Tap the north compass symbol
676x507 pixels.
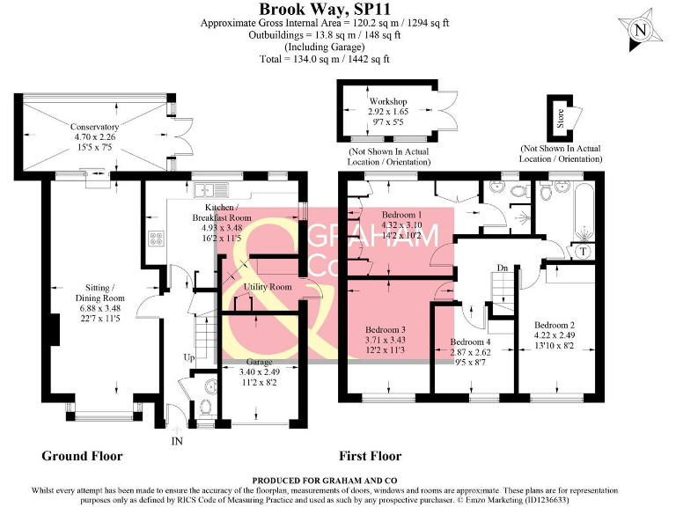(x=640, y=31)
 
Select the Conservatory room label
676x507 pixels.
(x=95, y=127)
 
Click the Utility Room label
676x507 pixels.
(x=268, y=287)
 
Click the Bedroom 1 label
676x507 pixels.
(x=400, y=215)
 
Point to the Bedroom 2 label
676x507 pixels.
(x=555, y=325)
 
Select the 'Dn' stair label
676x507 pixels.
(x=503, y=267)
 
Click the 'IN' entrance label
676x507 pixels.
(x=177, y=439)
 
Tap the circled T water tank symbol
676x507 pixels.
(x=582, y=251)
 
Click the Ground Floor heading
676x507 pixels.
(x=82, y=456)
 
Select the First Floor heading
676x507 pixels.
(x=370, y=456)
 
